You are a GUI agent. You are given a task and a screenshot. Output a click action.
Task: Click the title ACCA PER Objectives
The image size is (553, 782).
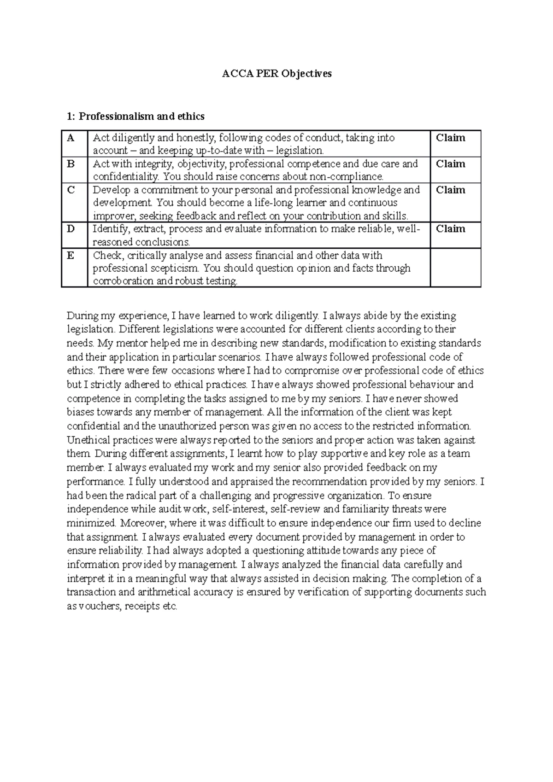click(x=276, y=74)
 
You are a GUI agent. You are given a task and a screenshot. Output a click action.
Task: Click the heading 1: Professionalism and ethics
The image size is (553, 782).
click(x=135, y=117)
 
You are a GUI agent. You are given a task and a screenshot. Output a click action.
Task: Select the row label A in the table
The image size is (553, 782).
click(x=71, y=138)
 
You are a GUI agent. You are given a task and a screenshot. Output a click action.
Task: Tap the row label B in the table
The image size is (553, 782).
click(x=71, y=164)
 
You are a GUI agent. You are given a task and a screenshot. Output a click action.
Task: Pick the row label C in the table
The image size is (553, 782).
click(x=71, y=190)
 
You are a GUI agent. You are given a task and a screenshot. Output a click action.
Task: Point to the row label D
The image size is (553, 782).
click(x=71, y=229)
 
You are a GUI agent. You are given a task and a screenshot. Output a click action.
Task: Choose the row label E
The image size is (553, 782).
click(x=71, y=255)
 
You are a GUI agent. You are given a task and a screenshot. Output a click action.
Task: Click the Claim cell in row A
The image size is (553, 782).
click(x=451, y=138)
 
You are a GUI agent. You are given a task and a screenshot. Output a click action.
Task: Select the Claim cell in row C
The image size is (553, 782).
click(x=451, y=190)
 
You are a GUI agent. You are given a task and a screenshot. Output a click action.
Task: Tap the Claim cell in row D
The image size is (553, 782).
click(x=451, y=229)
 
